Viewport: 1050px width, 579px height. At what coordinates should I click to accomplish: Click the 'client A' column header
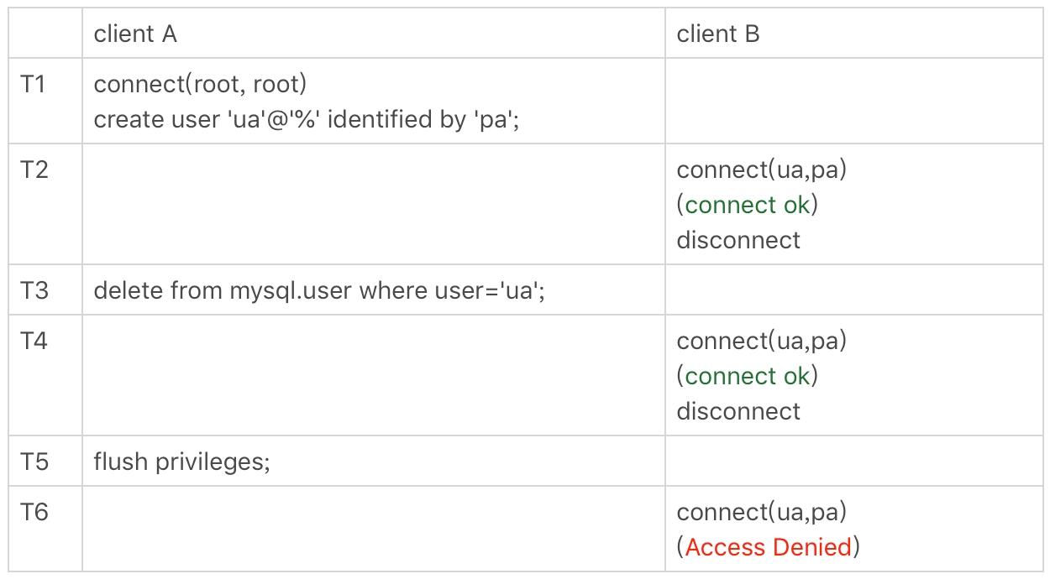tap(135, 34)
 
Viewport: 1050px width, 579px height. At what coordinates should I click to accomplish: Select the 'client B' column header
tap(718, 34)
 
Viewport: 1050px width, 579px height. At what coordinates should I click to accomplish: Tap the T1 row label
tap(34, 84)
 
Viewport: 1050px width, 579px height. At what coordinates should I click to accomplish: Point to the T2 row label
tap(34, 170)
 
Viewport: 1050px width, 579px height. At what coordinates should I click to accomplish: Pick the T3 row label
tap(34, 290)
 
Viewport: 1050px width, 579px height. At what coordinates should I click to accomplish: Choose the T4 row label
tap(34, 341)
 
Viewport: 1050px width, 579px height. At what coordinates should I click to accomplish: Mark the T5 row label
tap(34, 462)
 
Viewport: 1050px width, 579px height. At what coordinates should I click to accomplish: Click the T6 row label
tap(34, 512)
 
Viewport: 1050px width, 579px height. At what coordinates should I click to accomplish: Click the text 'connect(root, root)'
tap(200, 84)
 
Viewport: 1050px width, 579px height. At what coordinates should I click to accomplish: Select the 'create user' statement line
tap(307, 119)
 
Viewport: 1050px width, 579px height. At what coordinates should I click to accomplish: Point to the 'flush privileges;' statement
tap(181, 462)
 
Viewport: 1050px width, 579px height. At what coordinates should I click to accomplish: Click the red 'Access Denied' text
tap(769, 547)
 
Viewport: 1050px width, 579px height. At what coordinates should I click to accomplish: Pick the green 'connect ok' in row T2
tap(748, 205)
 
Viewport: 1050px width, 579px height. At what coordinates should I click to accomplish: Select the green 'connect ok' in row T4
tap(748, 376)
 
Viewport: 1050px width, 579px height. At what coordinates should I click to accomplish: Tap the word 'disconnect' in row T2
tap(738, 240)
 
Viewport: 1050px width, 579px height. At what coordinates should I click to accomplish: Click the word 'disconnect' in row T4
tap(738, 411)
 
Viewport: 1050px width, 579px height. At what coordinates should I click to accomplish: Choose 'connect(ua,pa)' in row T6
tap(761, 512)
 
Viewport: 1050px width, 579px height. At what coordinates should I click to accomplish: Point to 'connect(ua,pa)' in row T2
tap(761, 170)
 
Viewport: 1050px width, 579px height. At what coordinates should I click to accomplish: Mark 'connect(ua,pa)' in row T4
tap(761, 341)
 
